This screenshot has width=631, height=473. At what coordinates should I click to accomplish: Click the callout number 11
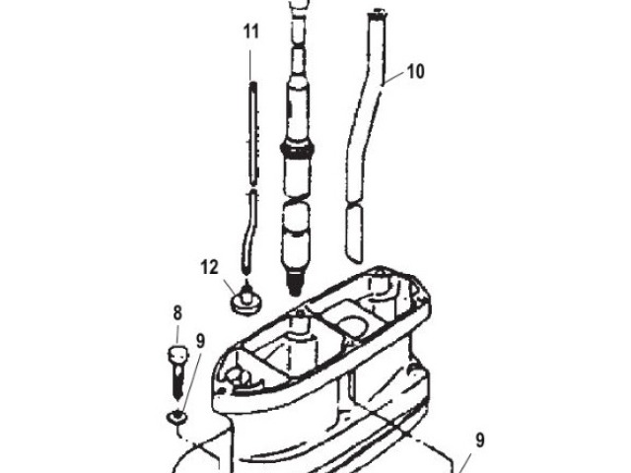point(251,32)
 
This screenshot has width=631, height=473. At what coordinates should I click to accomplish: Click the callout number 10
point(415,71)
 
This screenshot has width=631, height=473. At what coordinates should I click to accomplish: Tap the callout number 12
point(209,266)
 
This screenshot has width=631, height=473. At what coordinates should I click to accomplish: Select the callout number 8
point(177,313)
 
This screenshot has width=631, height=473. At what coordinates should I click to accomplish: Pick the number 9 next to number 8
point(200,342)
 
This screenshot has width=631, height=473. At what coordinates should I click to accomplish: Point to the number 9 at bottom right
point(480,440)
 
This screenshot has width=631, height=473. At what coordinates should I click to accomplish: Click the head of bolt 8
point(176,356)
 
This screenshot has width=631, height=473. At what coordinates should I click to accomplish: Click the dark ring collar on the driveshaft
point(300,148)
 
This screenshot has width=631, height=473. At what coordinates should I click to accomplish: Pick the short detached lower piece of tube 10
point(354,227)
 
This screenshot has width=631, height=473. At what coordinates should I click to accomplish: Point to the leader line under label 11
point(251,61)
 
